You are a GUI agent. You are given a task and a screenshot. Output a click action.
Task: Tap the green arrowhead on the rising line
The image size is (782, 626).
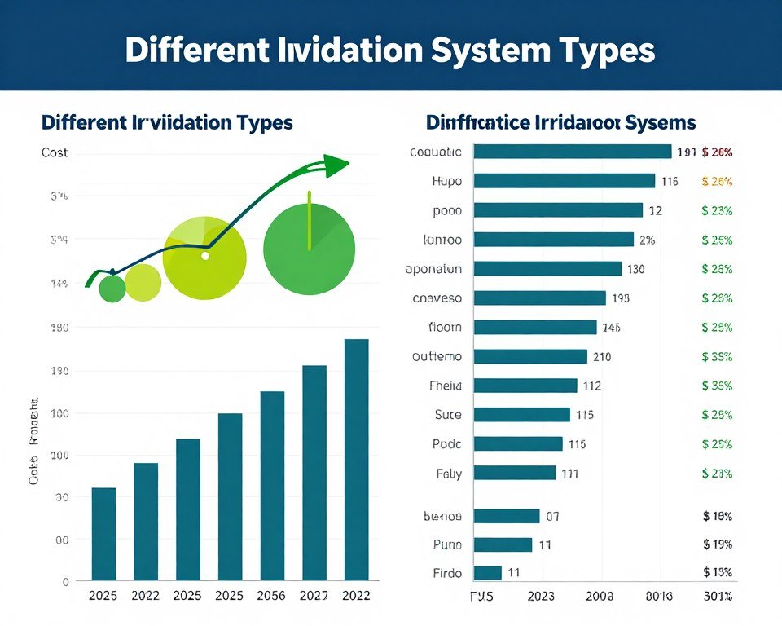[336, 164]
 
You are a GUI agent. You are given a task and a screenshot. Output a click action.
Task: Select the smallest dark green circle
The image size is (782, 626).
[112, 289]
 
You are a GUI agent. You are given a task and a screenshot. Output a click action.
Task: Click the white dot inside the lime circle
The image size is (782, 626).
[205, 255]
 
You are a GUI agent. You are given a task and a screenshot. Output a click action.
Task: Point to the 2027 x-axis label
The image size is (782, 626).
[314, 596]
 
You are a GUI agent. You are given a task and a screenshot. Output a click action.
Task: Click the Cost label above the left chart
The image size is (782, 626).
[55, 152]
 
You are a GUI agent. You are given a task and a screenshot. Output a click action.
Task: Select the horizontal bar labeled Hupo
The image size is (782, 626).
[564, 181]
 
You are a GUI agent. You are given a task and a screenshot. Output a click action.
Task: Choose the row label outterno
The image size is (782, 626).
[437, 356]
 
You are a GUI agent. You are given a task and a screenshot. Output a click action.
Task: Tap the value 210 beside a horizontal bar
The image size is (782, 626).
[603, 356]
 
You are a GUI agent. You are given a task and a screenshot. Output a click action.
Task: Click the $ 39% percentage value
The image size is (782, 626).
[717, 386]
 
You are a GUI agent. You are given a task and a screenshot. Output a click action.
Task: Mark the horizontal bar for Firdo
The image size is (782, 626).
[487, 572]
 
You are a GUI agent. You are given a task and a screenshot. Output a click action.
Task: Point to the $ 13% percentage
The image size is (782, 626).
[717, 572]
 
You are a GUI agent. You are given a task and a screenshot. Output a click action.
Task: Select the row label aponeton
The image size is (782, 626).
[433, 269]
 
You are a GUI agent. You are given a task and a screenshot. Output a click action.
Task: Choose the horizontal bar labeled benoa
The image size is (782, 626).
[506, 516]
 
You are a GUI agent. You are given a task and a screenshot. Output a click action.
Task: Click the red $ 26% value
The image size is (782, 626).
[717, 152]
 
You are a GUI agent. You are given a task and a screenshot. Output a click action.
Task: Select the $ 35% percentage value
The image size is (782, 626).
[717, 356]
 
